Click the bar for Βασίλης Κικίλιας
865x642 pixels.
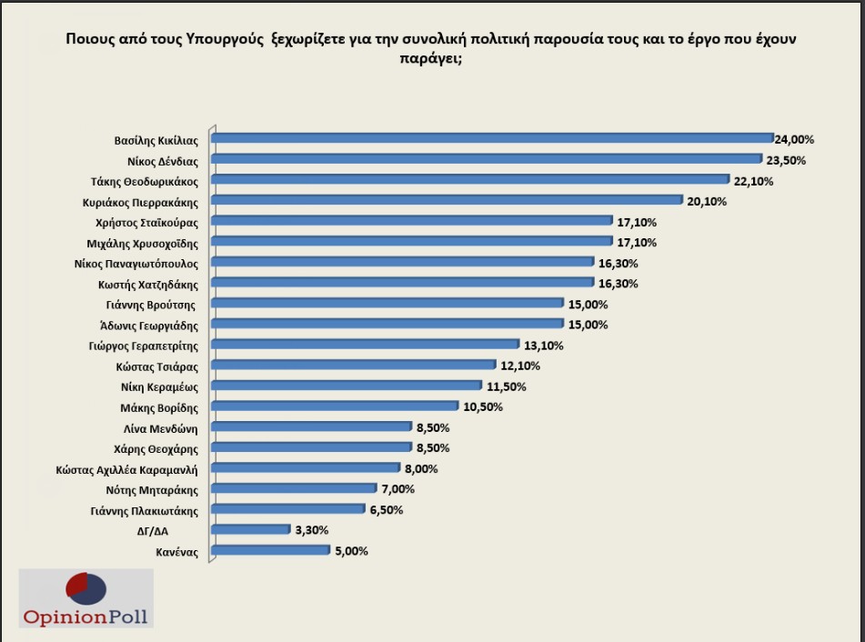491,138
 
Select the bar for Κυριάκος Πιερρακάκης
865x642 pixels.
446,200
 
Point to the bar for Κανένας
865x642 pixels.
270,550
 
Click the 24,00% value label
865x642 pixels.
794,140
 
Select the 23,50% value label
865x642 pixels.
787,160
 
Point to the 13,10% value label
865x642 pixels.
545,345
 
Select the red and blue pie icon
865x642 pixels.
85,588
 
